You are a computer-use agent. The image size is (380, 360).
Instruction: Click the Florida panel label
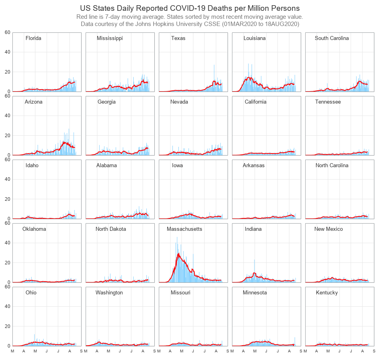pos(33,38)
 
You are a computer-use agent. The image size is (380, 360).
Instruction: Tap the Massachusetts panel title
pos(184,229)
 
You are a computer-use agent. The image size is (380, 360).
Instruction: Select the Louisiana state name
pos(254,38)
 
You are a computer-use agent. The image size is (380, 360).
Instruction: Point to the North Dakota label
pos(111,229)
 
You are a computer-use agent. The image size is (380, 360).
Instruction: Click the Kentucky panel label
pos(327,293)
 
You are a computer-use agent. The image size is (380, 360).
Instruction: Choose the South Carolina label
pos(332,38)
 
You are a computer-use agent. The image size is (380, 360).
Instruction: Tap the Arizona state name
pos(34,102)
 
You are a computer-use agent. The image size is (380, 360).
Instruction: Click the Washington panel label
pos(109,293)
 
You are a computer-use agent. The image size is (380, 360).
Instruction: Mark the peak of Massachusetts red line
pos(178,254)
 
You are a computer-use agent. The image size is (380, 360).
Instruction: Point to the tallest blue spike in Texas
pos(214,65)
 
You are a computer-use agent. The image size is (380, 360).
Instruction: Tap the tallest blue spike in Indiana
pos(254,260)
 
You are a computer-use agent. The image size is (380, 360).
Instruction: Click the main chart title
pos(190,8)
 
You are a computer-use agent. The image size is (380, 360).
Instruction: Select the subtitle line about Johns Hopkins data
pos(190,24)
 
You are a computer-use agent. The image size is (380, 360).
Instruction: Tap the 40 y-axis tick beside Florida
pos(8,52)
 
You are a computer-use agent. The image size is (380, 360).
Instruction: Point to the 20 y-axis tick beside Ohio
pos(8,326)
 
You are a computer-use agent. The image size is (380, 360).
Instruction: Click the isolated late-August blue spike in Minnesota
pos(295,338)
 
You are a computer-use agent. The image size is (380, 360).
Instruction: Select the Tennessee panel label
pos(328,102)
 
